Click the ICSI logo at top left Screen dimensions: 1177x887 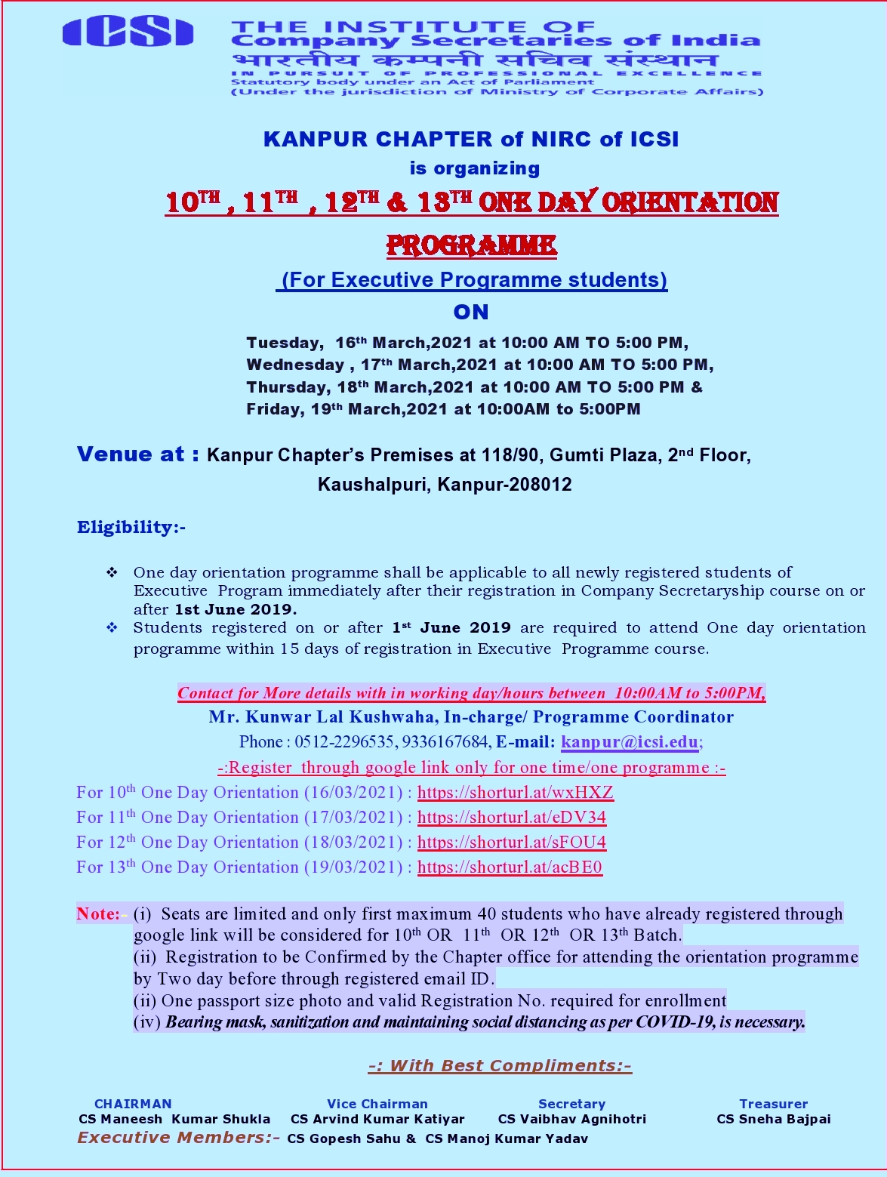(128, 32)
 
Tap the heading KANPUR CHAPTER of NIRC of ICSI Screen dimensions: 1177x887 (471, 140)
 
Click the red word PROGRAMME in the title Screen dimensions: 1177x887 (471, 245)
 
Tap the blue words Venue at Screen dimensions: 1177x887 (138, 454)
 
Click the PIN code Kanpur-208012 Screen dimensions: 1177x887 (504, 485)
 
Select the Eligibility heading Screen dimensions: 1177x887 (131, 527)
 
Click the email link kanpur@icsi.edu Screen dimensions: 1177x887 (630, 741)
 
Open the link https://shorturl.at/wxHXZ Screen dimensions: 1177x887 (515, 792)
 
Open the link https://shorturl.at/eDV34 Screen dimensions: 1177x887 (511, 817)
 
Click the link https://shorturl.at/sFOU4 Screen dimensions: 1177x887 (511, 842)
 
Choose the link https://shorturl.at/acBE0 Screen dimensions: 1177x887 (510, 867)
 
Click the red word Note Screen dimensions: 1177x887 (97, 914)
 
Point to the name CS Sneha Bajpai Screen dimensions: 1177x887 (774, 1119)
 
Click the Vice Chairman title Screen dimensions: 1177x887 (377, 1104)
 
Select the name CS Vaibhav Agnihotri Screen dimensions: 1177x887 (572, 1119)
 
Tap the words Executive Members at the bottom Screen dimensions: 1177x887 (178, 1138)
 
